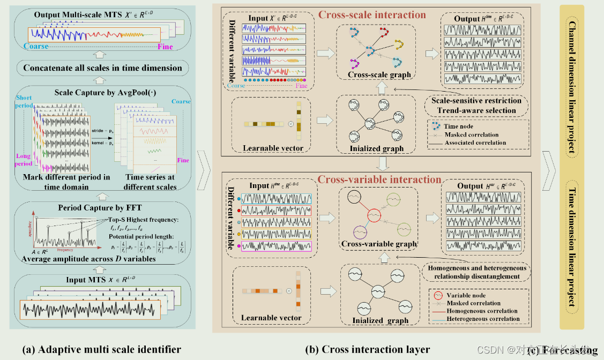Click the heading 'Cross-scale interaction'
(372, 14)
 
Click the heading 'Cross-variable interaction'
(379, 179)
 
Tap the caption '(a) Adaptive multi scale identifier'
(101, 349)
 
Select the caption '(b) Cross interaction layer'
(367, 349)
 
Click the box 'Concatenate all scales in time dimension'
(102, 68)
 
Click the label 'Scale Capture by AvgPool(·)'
(101, 93)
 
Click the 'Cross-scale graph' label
(379, 75)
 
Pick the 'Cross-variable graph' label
(379, 244)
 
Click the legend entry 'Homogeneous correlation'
(482, 311)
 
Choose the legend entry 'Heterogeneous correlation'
(483, 319)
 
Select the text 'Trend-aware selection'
(476, 110)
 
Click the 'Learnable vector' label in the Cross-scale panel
(273, 148)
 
